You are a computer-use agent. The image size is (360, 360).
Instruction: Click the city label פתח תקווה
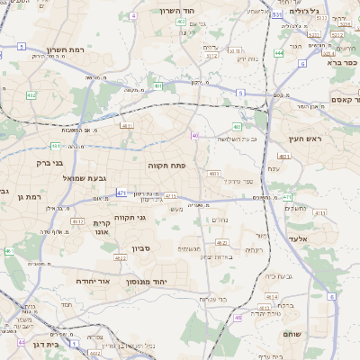point(168,166)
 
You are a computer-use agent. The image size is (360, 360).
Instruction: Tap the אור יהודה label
point(93,281)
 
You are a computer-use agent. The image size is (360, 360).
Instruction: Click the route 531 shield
point(277,15)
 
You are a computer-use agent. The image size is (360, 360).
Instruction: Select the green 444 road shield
point(279,53)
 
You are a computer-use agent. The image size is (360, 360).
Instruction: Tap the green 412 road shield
point(31,95)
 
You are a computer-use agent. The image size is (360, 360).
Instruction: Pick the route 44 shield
point(22,342)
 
